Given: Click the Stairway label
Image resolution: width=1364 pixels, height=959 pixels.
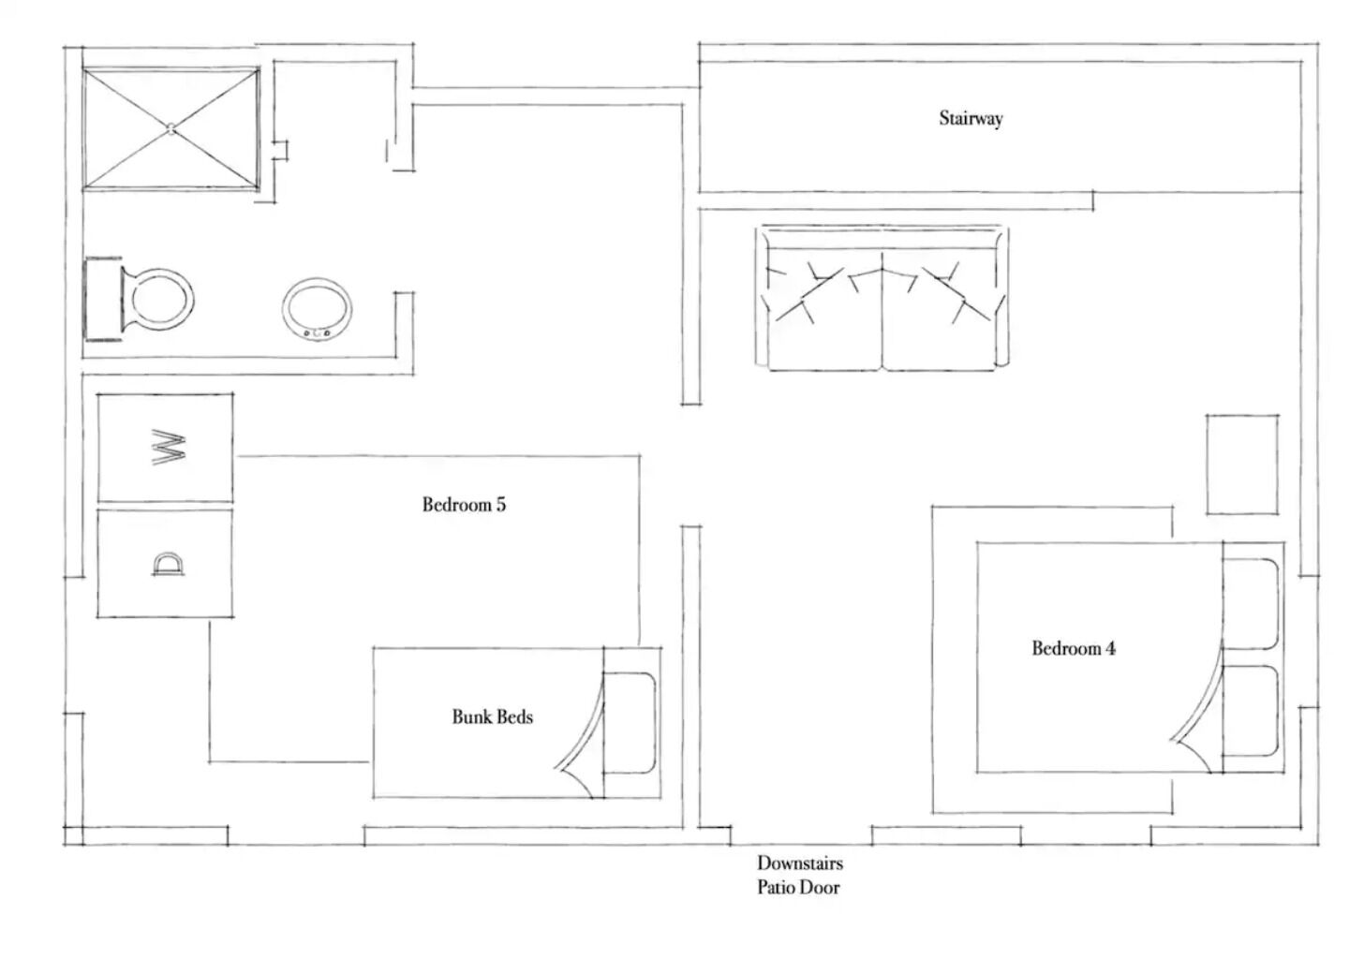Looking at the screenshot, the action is (x=971, y=118).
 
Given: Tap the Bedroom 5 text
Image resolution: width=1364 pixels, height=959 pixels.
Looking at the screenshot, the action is (x=464, y=505).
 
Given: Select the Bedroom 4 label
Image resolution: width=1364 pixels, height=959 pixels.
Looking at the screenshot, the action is (x=1074, y=648).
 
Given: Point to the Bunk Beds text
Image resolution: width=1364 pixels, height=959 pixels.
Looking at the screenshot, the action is (x=492, y=716).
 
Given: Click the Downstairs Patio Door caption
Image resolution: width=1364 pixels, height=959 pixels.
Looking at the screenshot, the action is (x=799, y=875).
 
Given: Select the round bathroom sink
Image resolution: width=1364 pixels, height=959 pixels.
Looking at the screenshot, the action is (x=317, y=309).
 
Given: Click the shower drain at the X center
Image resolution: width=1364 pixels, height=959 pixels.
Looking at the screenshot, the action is (x=171, y=128).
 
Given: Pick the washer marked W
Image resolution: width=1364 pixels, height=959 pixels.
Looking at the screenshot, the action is (x=165, y=448).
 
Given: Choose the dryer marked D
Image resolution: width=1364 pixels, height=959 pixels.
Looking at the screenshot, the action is (x=165, y=564).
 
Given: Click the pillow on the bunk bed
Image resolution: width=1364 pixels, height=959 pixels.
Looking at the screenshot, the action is (x=630, y=723).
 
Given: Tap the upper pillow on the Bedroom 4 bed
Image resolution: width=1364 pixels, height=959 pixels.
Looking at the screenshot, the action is (x=1251, y=604).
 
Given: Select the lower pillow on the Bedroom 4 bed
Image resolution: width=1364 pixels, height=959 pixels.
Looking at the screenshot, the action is (x=1251, y=711).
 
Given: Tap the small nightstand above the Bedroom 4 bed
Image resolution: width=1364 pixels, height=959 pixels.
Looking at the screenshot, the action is (x=1242, y=465).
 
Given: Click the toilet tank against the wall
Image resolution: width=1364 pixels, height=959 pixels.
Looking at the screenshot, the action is (x=102, y=299).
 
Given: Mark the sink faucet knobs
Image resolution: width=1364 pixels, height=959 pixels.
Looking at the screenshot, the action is (x=317, y=333).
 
